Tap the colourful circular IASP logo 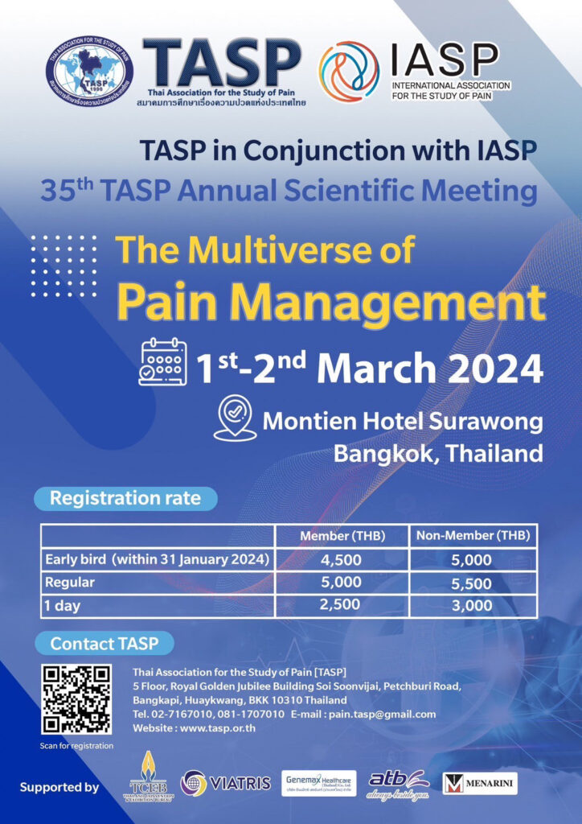click(349, 71)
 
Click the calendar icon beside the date click(162, 362)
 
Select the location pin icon click(235, 418)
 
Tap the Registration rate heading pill click(125, 498)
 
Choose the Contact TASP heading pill click(104, 644)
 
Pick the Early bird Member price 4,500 click(342, 559)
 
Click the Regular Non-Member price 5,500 click(473, 583)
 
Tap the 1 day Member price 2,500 click(342, 605)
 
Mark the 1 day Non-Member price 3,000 click(473, 605)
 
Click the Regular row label click(70, 583)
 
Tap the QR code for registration click(76, 698)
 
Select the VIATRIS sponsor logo click(226, 781)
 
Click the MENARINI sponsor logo click(480, 782)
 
